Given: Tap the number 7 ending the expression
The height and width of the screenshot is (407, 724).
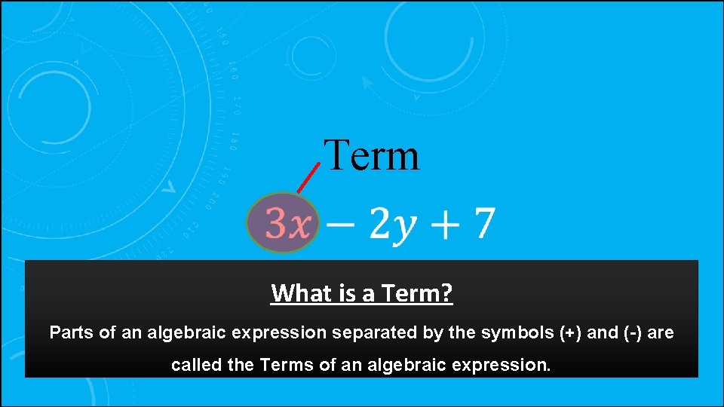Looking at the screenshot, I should click(x=483, y=223).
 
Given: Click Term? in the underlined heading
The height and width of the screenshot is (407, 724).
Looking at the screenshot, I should click(x=416, y=292).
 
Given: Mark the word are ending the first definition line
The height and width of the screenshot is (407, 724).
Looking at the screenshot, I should click(x=661, y=332).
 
